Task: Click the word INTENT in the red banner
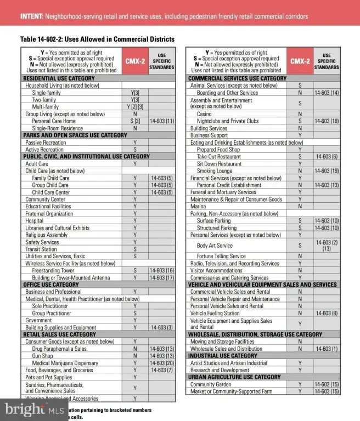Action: point(32,16)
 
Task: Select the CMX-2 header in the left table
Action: point(135,62)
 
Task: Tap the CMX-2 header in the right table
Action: point(300,62)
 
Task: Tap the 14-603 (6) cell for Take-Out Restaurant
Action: point(327,157)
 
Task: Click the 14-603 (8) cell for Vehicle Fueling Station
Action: point(327,314)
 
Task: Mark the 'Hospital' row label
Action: point(35,221)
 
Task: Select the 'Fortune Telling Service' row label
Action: point(221,256)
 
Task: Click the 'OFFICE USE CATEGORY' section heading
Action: point(51,285)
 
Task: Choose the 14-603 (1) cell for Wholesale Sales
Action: point(327,349)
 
